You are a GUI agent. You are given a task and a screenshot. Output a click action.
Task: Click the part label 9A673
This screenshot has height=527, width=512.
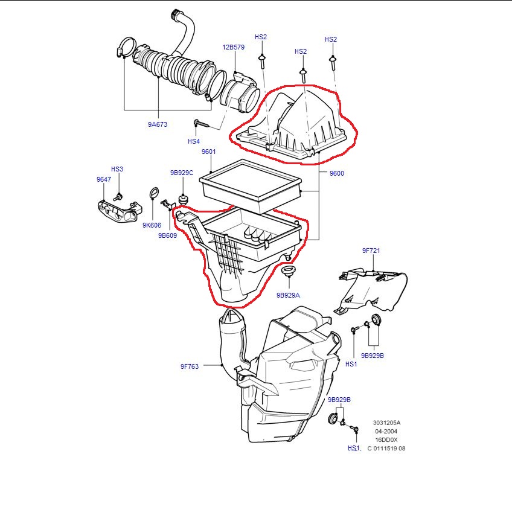click(x=157, y=124)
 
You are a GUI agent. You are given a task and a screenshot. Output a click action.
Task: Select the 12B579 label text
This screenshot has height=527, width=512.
click(x=233, y=47)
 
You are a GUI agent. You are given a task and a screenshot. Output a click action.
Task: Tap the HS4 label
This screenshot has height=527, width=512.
click(x=193, y=141)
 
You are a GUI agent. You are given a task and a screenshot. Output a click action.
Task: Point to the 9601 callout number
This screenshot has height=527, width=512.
click(x=208, y=152)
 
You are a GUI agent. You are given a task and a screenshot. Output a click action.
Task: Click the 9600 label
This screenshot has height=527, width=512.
click(x=336, y=173)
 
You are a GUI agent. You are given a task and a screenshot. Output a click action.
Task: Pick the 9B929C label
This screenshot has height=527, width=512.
click(x=181, y=173)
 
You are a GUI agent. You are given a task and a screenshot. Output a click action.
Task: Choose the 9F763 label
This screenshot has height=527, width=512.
click(x=190, y=366)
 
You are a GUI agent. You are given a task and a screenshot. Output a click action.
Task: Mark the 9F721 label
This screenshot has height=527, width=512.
click(x=371, y=250)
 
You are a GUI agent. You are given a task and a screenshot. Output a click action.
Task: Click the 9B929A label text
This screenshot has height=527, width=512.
click(x=288, y=295)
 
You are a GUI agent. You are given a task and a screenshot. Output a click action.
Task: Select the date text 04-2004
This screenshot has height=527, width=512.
click(x=386, y=431)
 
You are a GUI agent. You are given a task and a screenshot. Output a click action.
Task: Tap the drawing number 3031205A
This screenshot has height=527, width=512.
click(x=386, y=423)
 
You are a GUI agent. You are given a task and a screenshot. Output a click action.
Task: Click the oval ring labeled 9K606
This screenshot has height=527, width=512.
click(x=153, y=194)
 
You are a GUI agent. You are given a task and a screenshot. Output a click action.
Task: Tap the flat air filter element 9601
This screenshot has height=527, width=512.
click(x=252, y=185)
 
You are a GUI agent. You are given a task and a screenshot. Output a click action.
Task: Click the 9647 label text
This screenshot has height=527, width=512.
click(x=103, y=179)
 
